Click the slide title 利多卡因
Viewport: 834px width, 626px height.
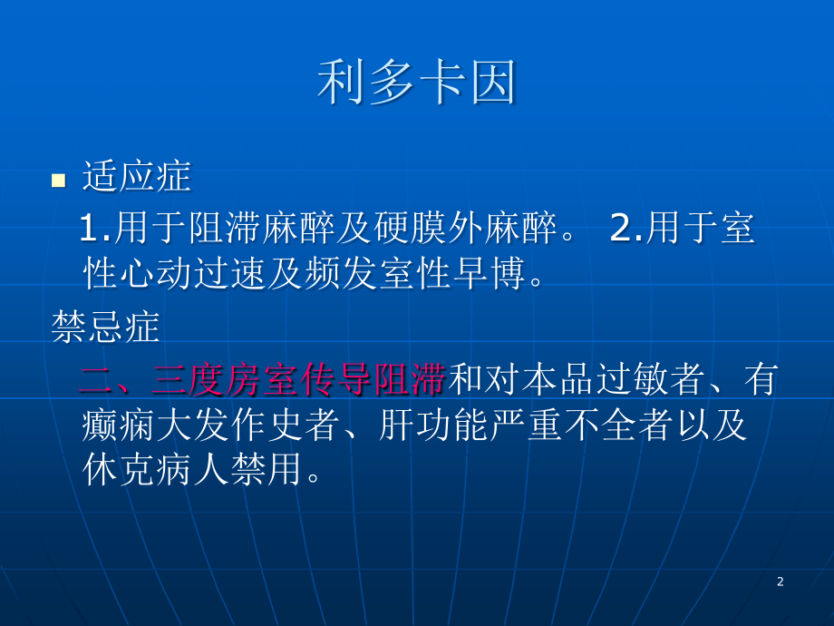click(x=416, y=84)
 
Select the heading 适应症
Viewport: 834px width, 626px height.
click(x=136, y=177)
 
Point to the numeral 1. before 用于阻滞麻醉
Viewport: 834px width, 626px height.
click(x=95, y=230)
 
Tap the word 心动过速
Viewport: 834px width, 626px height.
click(x=192, y=273)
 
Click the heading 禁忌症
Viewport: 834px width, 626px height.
click(x=105, y=328)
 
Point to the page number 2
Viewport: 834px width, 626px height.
click(x=781, y=582)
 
